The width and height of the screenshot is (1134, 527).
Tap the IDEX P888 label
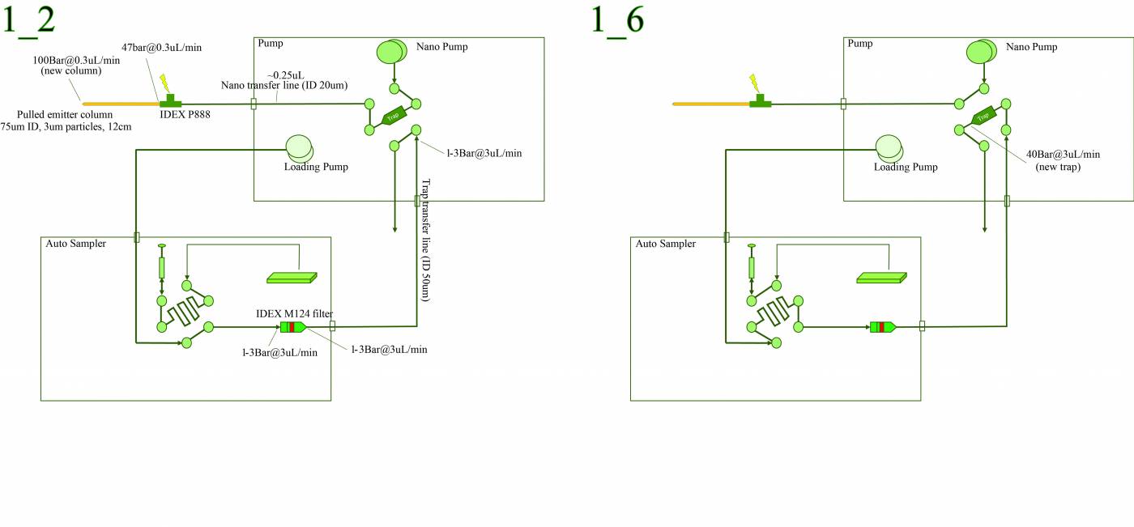point(185,114)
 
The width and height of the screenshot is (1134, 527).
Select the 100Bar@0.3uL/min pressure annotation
point(76,60)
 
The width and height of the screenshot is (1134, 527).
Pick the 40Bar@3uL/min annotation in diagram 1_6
point(1063,154)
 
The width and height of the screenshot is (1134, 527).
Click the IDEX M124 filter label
point(294,313)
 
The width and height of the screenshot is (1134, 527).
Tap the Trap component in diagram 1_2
point(394,116)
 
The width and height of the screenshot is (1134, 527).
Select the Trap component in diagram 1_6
point(983,116)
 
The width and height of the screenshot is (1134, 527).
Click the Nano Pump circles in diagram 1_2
point(392,53)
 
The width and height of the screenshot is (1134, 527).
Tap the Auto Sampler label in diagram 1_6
point(666,244)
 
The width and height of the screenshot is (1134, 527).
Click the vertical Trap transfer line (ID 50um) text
point(423,241)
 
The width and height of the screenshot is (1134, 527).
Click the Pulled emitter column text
point(65,114)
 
